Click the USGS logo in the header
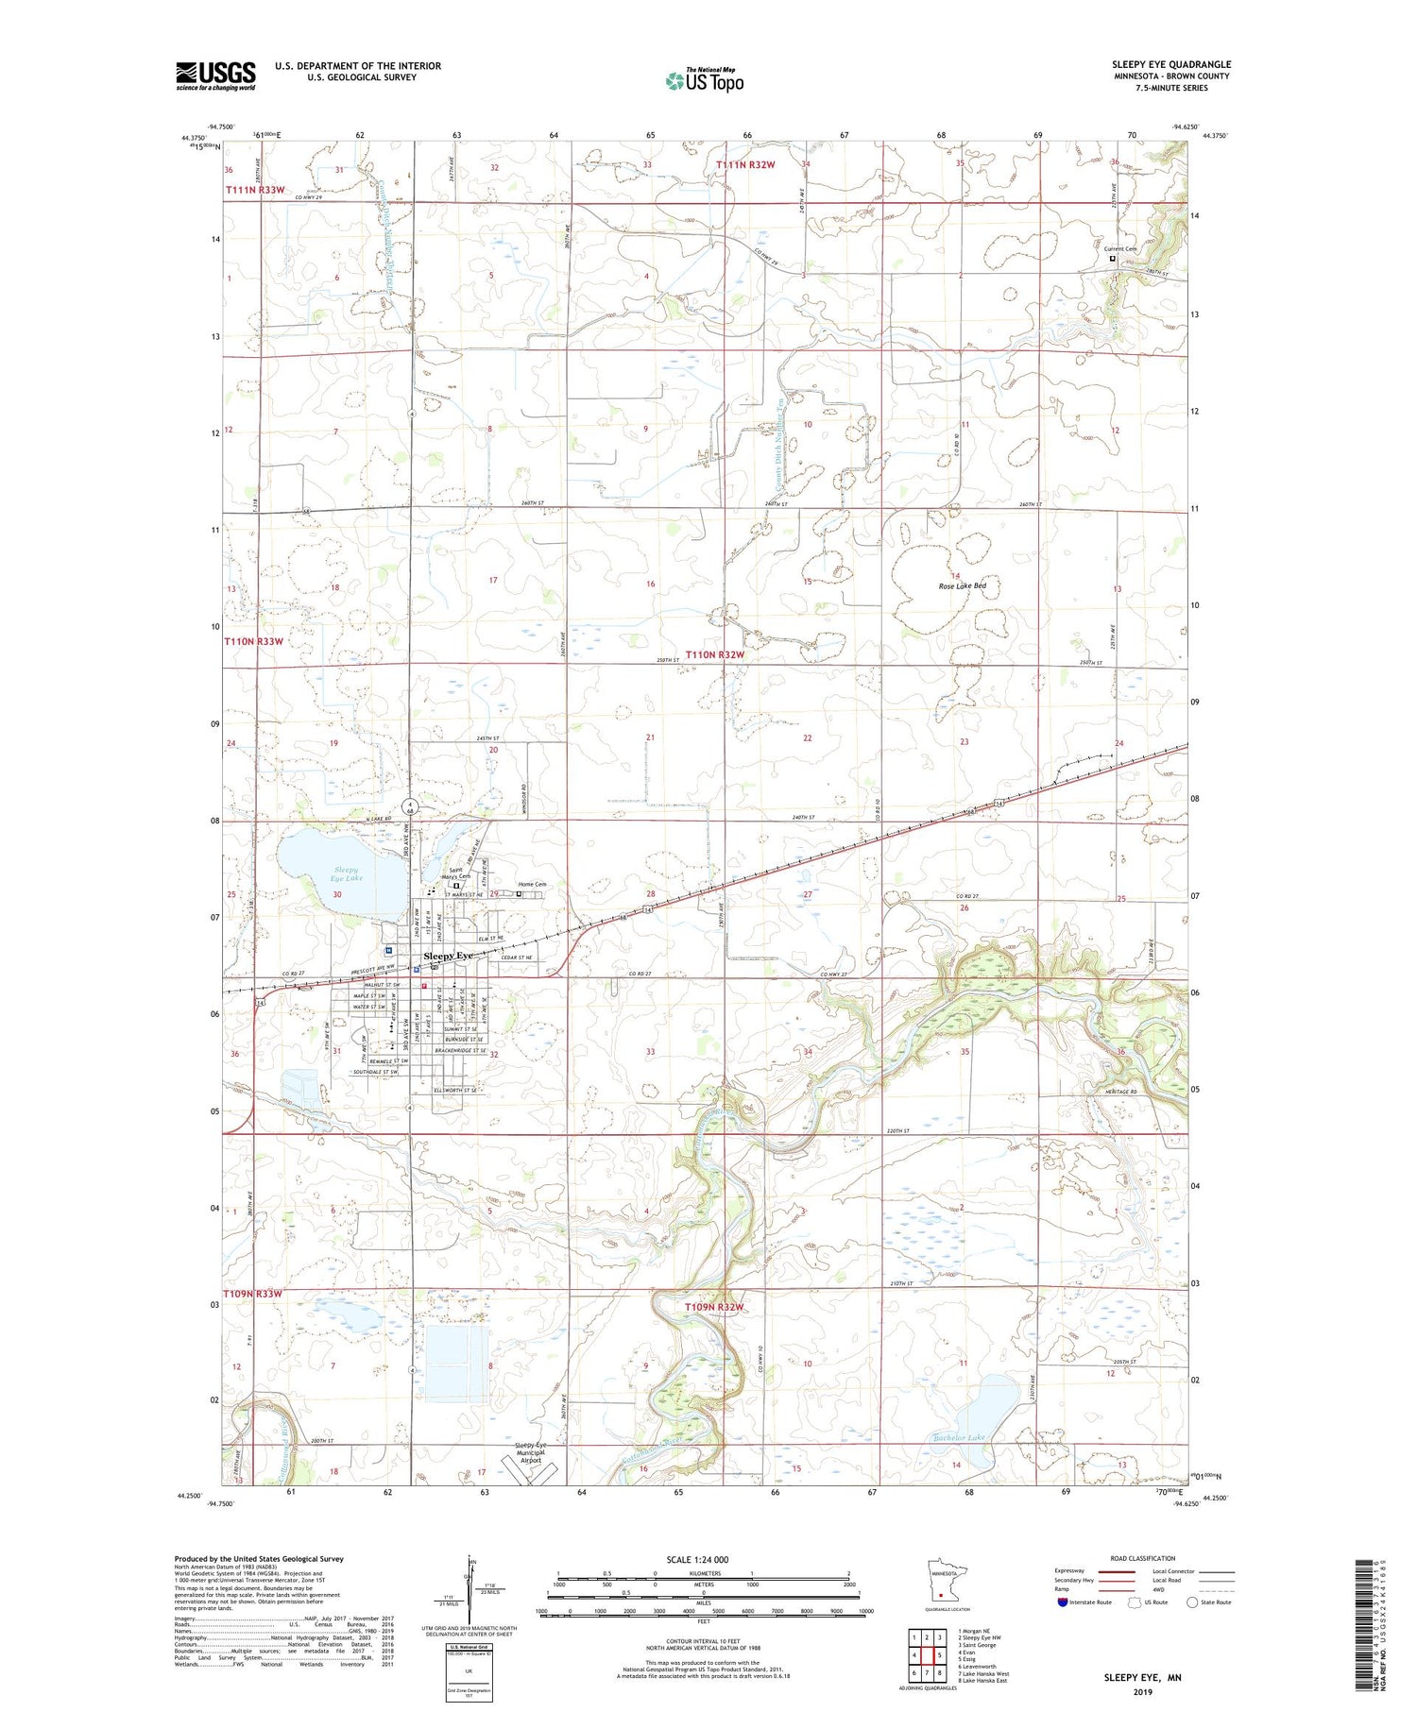pos(215,76)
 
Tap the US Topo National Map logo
pos(704,80)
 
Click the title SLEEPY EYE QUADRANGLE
pos(1170,64)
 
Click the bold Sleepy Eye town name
pos(450,956)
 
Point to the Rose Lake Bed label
pos(962,586)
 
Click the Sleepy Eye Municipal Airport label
pos(530,1452)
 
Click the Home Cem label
pos(532,885)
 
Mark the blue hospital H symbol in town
pos(388,950)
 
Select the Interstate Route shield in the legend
pos(1062,1602)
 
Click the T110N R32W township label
pos(715,654)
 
